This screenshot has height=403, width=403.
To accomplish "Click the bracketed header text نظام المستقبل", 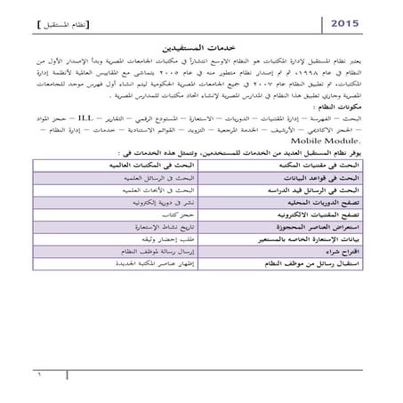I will point(69,20).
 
